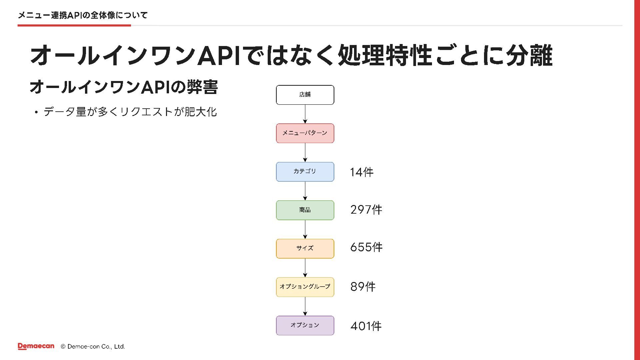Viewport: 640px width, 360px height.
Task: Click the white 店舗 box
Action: click(x=305, y=95)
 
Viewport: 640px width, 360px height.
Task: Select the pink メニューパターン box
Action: click(x=305, y=133)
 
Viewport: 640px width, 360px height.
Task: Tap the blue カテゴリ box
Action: click(x=305, y=172)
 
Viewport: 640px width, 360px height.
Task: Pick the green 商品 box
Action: click(x=305, y=210)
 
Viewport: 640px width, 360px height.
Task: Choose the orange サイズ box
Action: click(x=305, y=249)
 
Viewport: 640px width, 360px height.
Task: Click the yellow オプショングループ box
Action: click(x=305, y=287)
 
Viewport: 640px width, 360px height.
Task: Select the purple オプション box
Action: click(x=305, y=325)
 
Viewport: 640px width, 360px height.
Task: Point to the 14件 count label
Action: click(x=362, y=172)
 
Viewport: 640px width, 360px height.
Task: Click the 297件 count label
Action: click(x=366, y=210)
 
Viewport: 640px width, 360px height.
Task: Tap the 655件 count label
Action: click(x=366, y=247)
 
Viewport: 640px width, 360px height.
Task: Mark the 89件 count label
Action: click(x=363, y=287)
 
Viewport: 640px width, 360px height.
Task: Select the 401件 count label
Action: click(x=366, y=326)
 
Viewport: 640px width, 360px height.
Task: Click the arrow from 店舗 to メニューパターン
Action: click(x=305, y=114)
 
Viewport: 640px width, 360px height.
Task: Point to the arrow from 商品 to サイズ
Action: click(x=305, y=229)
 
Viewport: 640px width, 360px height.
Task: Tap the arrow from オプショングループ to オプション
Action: click(x=305, y=306)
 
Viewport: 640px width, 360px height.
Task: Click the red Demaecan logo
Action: click(x=36, y=346)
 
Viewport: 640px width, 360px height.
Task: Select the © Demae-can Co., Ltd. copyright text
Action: click(x=93, y=347)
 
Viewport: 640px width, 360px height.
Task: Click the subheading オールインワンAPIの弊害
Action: click(x=124, y=87)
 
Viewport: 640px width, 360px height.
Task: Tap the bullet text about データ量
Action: click(x=130, y=112)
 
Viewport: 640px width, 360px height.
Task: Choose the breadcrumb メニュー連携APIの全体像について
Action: click(x=83, y=15)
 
